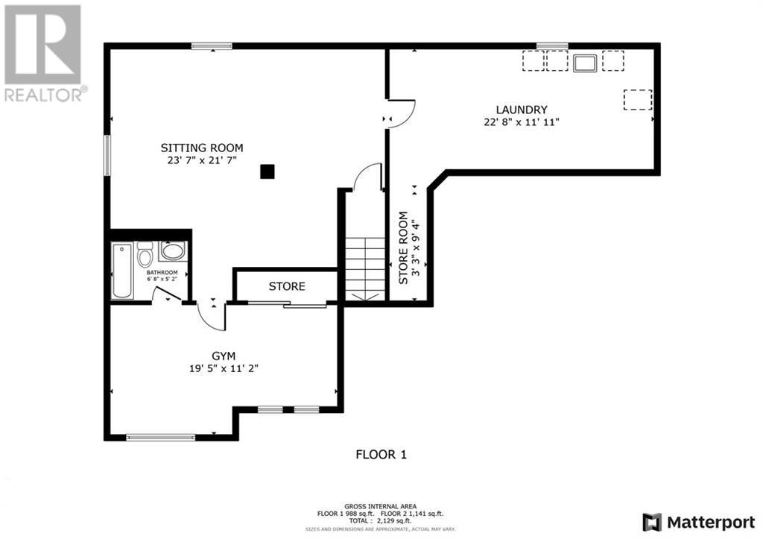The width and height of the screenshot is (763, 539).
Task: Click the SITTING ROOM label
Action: pyautogui.click(x=202, y=148)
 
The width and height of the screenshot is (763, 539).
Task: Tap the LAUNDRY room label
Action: pyautogui.click(x=522, y=110)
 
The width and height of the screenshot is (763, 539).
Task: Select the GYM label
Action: pyautogui.click(x=224, y=356)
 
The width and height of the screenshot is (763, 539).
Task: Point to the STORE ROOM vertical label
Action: pyautogui.click(x=403, y=248)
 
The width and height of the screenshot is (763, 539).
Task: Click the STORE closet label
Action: pyautogui.click(x=287, y=286)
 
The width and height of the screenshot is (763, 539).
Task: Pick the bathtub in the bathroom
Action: pyautogui.click(x=122, y=271)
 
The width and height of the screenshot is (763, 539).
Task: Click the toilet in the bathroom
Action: pyautogui.click(x=145, y=253)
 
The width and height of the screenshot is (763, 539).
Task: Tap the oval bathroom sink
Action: pyautogui.click(x=172, y=251)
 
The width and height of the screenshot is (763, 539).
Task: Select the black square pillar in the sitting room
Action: pyautogui.click(x=267, y=171)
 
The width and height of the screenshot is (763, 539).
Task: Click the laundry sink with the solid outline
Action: pyautogui.click(x=585, y=63)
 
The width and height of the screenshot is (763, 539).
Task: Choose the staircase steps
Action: pyautogui.click(x=365, y=269)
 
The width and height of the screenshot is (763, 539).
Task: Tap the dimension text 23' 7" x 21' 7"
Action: pyautogui.click(x=202, y=160)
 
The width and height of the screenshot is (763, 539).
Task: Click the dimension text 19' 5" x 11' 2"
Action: pyautogui.click(x=224, y=368)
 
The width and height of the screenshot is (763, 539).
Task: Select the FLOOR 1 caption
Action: pyautogui.click(x=381, y=455)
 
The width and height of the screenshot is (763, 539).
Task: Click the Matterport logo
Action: pyautogui.click(x=699, y=523)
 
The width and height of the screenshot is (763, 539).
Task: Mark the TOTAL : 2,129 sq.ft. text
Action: pyautogui.click(x=380, y=520)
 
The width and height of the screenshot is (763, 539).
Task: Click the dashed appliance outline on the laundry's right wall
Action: pyautogui.click(x=638, y=99)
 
